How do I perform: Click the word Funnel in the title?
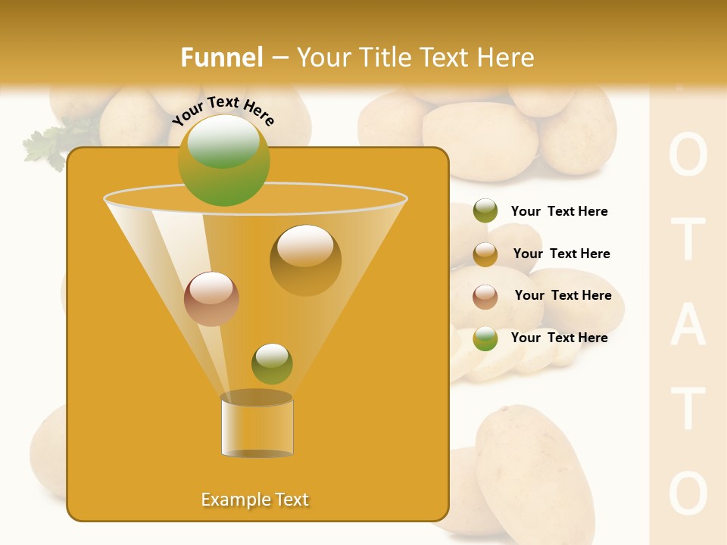tap(221, 58)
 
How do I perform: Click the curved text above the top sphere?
tap(223, 111)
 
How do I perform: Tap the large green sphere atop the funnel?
tap(224, 160)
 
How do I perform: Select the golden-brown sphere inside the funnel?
tap(305, 260)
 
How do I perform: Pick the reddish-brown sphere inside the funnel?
tap(211, 299)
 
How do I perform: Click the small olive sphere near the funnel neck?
tap(272, 363)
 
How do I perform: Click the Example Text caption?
tap(254, 500)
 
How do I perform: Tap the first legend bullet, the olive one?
tap(485, 211)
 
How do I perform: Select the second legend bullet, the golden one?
tap(485, 254)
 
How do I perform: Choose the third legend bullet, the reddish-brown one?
tap(485, 296)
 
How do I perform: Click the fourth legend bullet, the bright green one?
tap(485, 338)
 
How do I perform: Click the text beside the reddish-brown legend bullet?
tap(563, 295)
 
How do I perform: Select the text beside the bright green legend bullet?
tap(559, 338)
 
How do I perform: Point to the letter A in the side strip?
tap(688, 325)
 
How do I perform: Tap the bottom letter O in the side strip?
tap(688, 494)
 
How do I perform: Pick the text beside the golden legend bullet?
tap(561, 254)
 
